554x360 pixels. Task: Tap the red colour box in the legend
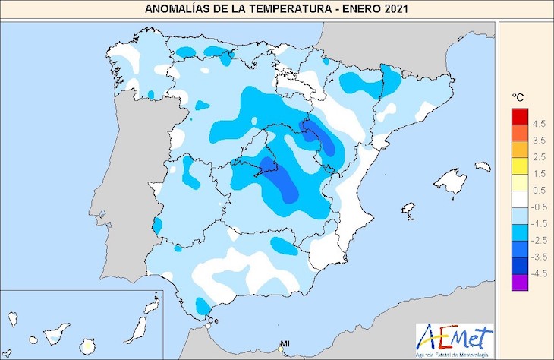[519, 117]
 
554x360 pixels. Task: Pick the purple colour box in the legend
[519, 283]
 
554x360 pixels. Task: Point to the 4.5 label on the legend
[540, 123]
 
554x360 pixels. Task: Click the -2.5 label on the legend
[539, 240]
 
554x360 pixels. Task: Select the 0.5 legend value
[540, 191]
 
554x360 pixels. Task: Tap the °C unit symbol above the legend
[519, 97]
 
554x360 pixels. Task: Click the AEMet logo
[455, 337]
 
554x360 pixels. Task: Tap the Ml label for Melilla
[285, 344]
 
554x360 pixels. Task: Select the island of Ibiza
[408, 209]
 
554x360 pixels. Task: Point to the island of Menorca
[480, 166]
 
